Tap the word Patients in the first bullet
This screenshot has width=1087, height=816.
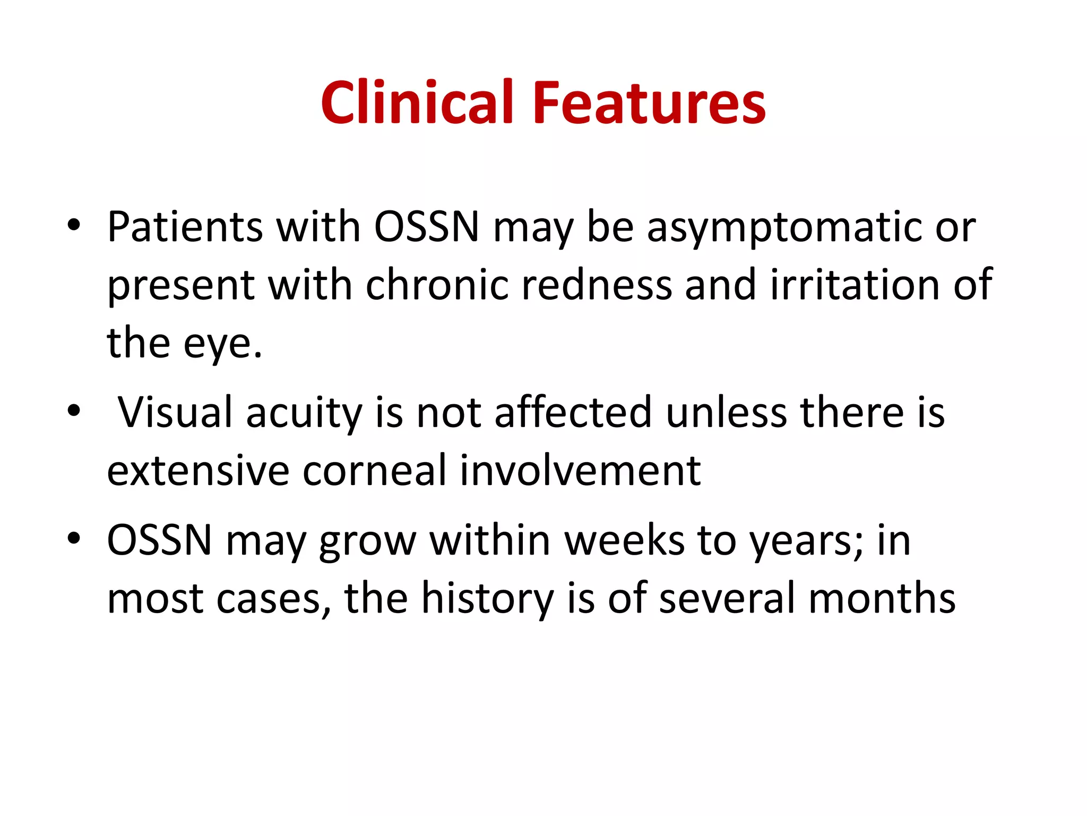coord(185,227)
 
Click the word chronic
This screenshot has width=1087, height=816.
coord(437,285)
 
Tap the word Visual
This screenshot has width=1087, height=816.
coord(175,413)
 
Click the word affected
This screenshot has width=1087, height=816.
coord(573,413)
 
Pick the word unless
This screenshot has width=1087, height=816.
coord(726,413)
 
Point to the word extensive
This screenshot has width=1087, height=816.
coord(198,471)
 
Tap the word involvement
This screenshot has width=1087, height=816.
coord(580,471)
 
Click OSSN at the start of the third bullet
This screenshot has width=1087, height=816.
coord(160,540)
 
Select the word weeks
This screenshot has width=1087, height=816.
coord(624,540)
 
